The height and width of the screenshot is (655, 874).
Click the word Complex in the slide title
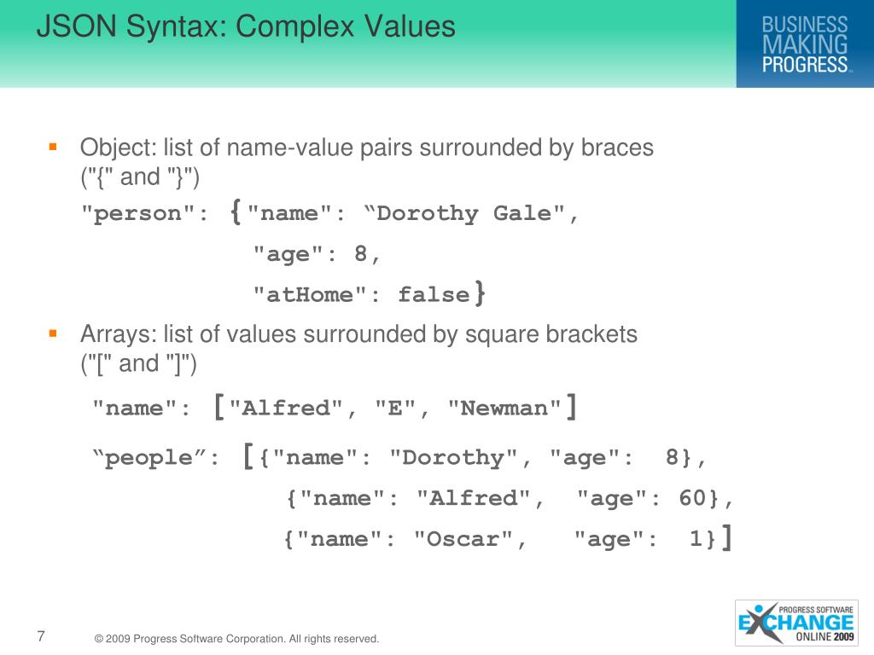[x=290, y=26]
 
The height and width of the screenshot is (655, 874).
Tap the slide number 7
[x=41, y=635]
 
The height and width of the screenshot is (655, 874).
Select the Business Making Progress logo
[x=804, y=43]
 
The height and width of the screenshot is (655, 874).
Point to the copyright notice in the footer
[x=236, y=638]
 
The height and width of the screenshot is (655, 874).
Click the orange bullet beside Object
[x=53, y=147]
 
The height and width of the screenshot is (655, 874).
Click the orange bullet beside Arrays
[x=53, y=333]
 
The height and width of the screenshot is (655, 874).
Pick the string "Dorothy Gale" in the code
[x=466, y=213]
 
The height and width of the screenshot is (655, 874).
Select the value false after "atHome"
[x=434, y=295]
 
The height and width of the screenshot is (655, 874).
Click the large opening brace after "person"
[x=236, y=212]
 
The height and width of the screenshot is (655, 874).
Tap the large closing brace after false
[x=481, y=294]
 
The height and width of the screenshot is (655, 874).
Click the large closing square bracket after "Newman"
[x=571, y=406]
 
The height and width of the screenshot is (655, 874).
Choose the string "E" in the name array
[x=394, y=409]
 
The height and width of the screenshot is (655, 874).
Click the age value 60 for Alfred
[x=692, y=498]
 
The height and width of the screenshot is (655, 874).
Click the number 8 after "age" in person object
[x=361, y=254]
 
